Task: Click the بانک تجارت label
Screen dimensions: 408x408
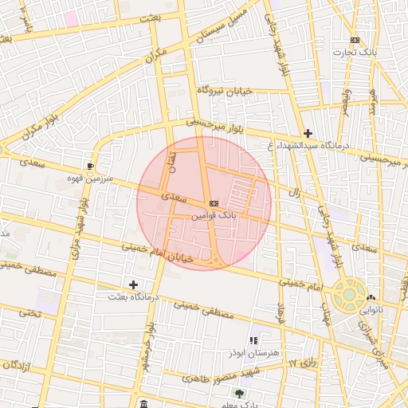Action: [x=358, y=52]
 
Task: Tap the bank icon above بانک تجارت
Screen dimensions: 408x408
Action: [x=355, y=40]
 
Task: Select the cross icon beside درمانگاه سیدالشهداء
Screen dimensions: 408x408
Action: [x=308, y=133]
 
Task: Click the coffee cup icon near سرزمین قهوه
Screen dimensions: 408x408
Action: [x=91, y=167]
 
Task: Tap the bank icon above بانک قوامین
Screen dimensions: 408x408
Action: [x=214, y=204]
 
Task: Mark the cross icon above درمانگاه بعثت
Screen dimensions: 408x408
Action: [x=133, y=284]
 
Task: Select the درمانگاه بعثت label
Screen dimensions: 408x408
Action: [x=133, y=296]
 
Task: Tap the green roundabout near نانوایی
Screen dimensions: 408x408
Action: [x=349, y=294]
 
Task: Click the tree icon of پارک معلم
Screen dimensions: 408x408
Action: [x=238, y=394]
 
